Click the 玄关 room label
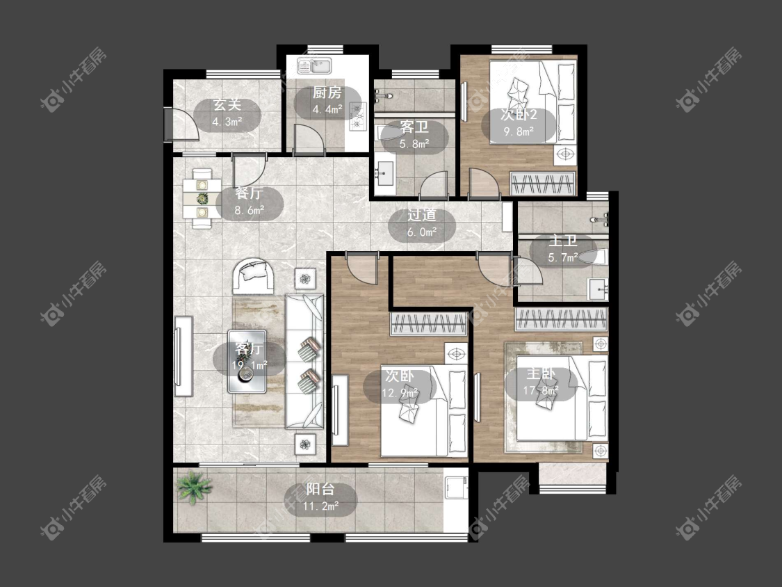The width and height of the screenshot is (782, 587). tap(227, 105)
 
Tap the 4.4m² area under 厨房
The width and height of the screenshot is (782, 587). tap(327, 109)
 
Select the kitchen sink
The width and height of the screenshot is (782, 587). tap(315, 65)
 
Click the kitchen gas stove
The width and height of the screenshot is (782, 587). tap(357, 117)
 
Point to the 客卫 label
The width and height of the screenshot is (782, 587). tap(414, 127)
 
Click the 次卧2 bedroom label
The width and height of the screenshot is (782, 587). tap(519, 115)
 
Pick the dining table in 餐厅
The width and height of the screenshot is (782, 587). tap(202, 199)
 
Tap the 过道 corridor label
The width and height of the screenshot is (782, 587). tap(422, 215)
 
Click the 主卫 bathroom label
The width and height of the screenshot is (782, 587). tap(563, 241)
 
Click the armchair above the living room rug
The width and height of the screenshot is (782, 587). tap(253, 276)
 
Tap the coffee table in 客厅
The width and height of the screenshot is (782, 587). tap(247, 361)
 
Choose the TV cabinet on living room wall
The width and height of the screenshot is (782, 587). tap(184, 356)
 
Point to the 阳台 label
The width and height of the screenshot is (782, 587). tap(320, 489)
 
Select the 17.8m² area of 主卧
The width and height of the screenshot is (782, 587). tap(541, 390)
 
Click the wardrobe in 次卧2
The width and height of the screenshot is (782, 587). tap(542, 184)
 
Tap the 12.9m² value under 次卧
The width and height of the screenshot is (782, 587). tap(400, 394)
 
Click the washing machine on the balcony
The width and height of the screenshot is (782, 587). tap(456, 488)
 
